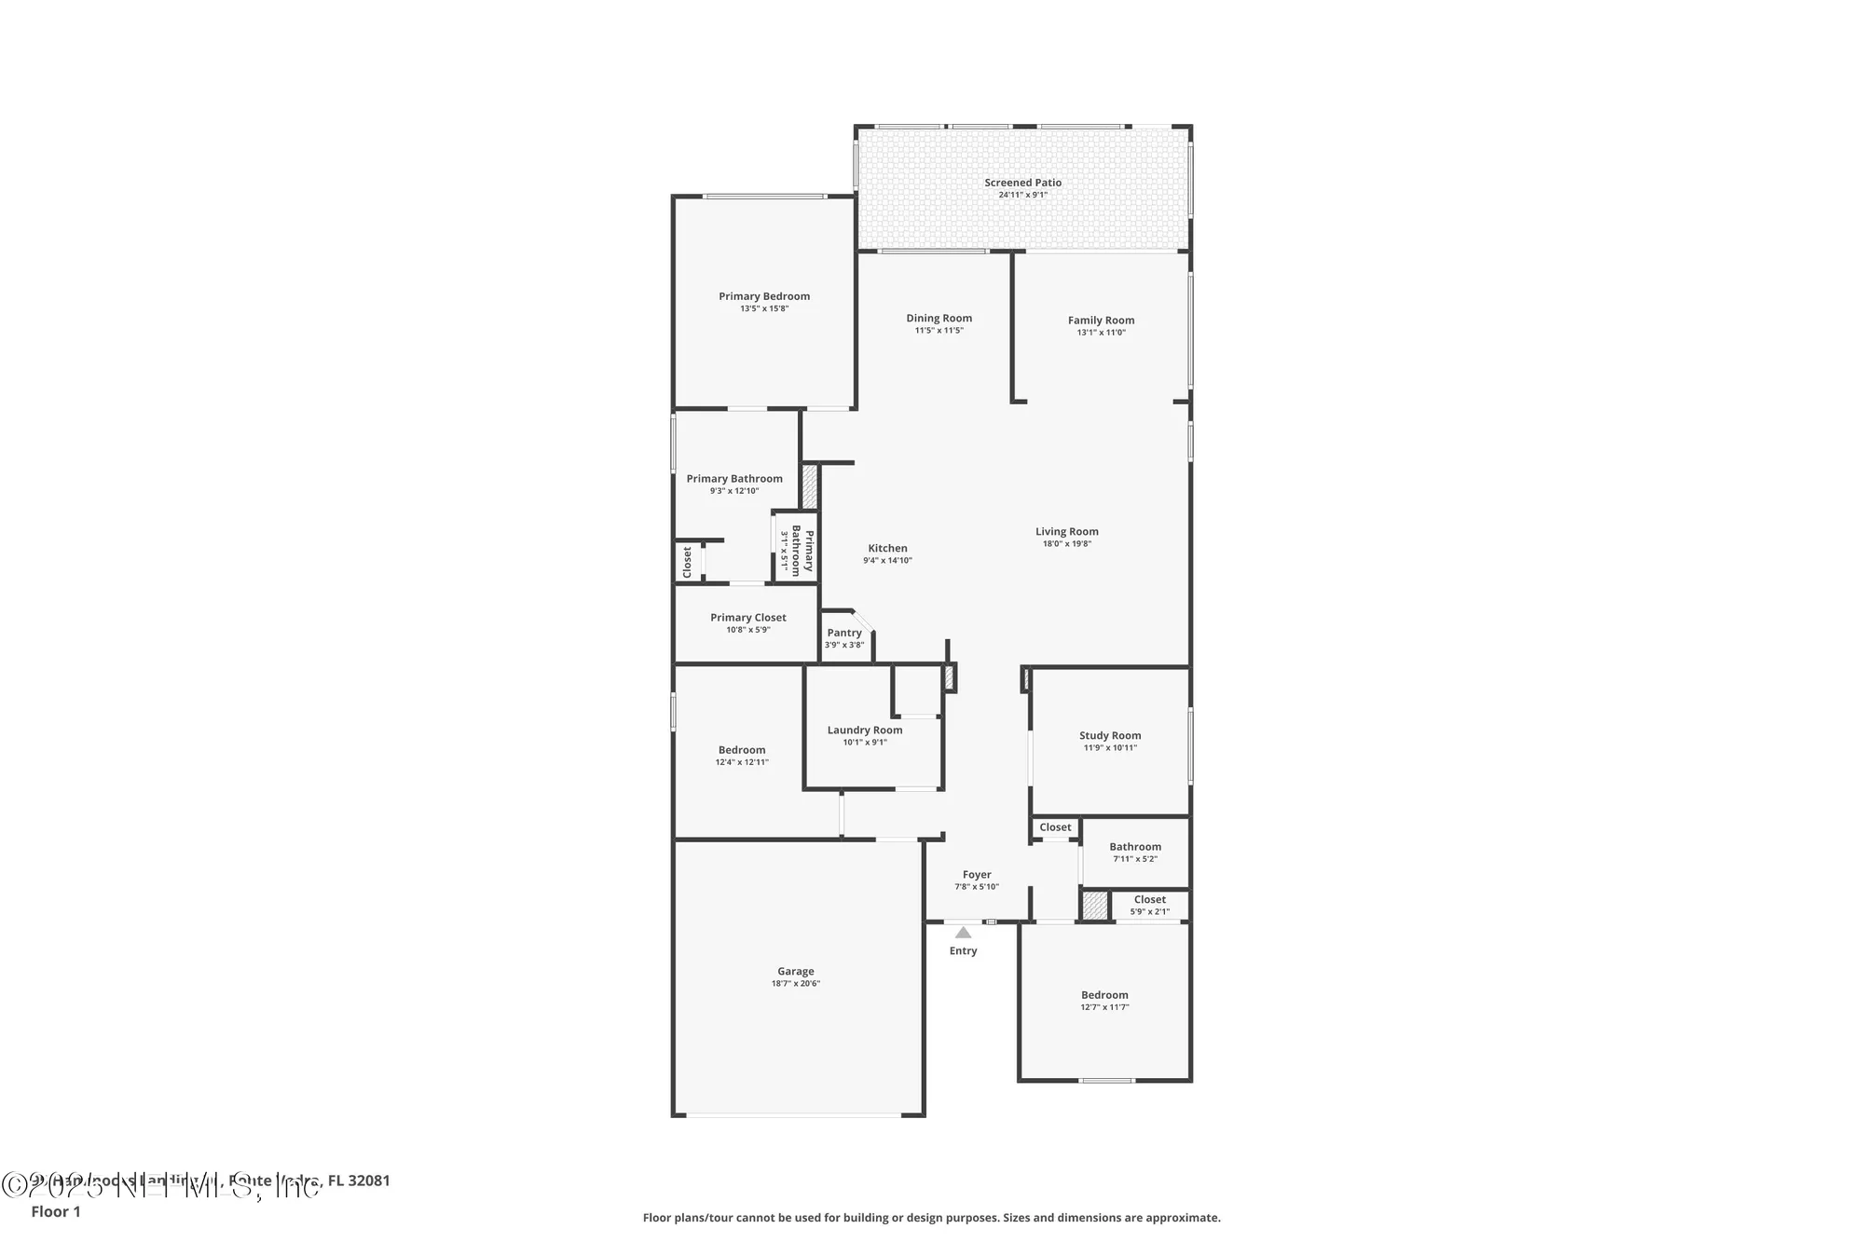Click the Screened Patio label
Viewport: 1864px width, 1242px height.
pos(1022,183)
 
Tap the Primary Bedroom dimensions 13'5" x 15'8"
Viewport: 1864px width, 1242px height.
pos(764,308)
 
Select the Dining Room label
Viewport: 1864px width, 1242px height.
pos(939,318)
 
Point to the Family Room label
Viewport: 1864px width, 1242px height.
pos(1101,320)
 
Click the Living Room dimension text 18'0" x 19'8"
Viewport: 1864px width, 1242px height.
pos(1066,544)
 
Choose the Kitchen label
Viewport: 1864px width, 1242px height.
pos(887,548)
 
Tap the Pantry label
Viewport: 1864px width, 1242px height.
pos(844,633)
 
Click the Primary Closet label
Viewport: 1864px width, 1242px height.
pos(747,617)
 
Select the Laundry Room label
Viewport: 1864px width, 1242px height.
pos(864,730)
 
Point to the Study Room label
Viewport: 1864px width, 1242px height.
pos(1109,735)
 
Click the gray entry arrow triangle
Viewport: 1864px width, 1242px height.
pos(963,932)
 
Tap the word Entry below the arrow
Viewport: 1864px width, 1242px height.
pos(963,950)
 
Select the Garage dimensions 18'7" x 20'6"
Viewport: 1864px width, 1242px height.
pos(795,984)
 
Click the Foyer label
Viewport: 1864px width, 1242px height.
pos(976,874)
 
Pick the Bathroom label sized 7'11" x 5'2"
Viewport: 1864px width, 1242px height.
pos(1134,847)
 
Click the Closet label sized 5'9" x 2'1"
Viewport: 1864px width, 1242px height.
pos(1149,899)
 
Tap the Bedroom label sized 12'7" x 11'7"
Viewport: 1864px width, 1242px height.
pos(1104,994)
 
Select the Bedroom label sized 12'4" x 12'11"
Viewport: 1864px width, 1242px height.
pos(741,749)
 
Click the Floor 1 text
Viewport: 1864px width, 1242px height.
pos(56,1211)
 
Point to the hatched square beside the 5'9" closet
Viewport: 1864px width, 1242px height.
pos(1095,906)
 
